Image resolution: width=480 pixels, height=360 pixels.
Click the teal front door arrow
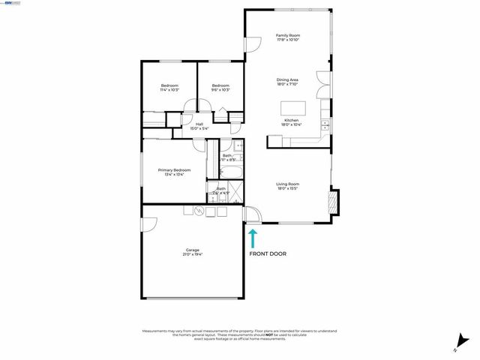tap(253, 238)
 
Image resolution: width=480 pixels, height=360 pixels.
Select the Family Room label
tap(287, 37)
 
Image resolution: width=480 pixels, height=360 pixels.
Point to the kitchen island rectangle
tap(292, 107)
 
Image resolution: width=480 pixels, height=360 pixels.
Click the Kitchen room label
tap(291, 122)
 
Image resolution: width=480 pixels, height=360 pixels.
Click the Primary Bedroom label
tap(174, 172)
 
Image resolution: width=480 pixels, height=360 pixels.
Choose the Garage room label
tap(193, 252)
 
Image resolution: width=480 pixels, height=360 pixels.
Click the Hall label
tap(199, 126)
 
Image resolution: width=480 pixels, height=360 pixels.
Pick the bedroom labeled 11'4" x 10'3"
tap(169, 88)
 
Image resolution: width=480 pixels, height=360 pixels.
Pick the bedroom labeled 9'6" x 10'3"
tap(220, 88)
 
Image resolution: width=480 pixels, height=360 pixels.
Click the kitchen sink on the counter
tap(325, 124)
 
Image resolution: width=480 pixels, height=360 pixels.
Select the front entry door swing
tap(253, 216)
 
